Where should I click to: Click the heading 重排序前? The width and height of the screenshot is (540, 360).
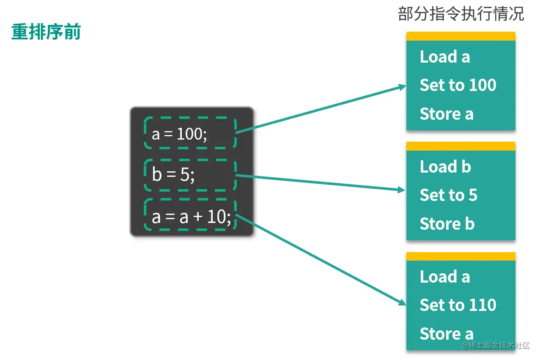(x=46, y=32)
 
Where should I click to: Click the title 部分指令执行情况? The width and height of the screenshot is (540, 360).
(x=461, y=14)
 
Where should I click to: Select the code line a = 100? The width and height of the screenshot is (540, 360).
(x=180, y=134)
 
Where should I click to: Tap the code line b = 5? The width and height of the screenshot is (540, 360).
(x=173, y=174)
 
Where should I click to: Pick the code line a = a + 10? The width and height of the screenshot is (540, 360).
(x=191, y=217)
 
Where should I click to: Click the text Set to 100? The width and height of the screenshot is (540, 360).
(x=458, y=85)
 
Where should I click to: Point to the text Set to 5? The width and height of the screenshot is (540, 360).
(x=448, y=195)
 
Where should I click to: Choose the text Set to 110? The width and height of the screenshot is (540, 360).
(x=458, y=305)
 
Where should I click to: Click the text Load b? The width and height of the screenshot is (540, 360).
(x=445, y=167)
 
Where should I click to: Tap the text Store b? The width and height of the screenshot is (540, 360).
(x=447, y=224)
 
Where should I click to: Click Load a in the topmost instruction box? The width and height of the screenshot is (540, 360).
(x=445, y=57)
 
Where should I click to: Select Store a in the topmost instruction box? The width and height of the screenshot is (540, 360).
(x=447, y=114)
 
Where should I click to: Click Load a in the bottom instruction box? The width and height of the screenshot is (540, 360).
(x=445, y=277)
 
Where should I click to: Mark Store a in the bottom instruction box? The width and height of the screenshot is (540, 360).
(x=447, y=334)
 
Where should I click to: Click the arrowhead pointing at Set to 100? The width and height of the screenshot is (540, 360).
(x=402, y=86)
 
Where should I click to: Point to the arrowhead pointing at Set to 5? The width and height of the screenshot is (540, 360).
(x=402, y=190)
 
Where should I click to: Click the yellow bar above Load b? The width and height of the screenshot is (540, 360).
(x=461, y=146)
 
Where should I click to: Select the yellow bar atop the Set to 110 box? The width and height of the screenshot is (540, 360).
(x=461, y=256)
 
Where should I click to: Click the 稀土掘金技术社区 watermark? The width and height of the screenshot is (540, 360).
(x=496, y=346)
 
